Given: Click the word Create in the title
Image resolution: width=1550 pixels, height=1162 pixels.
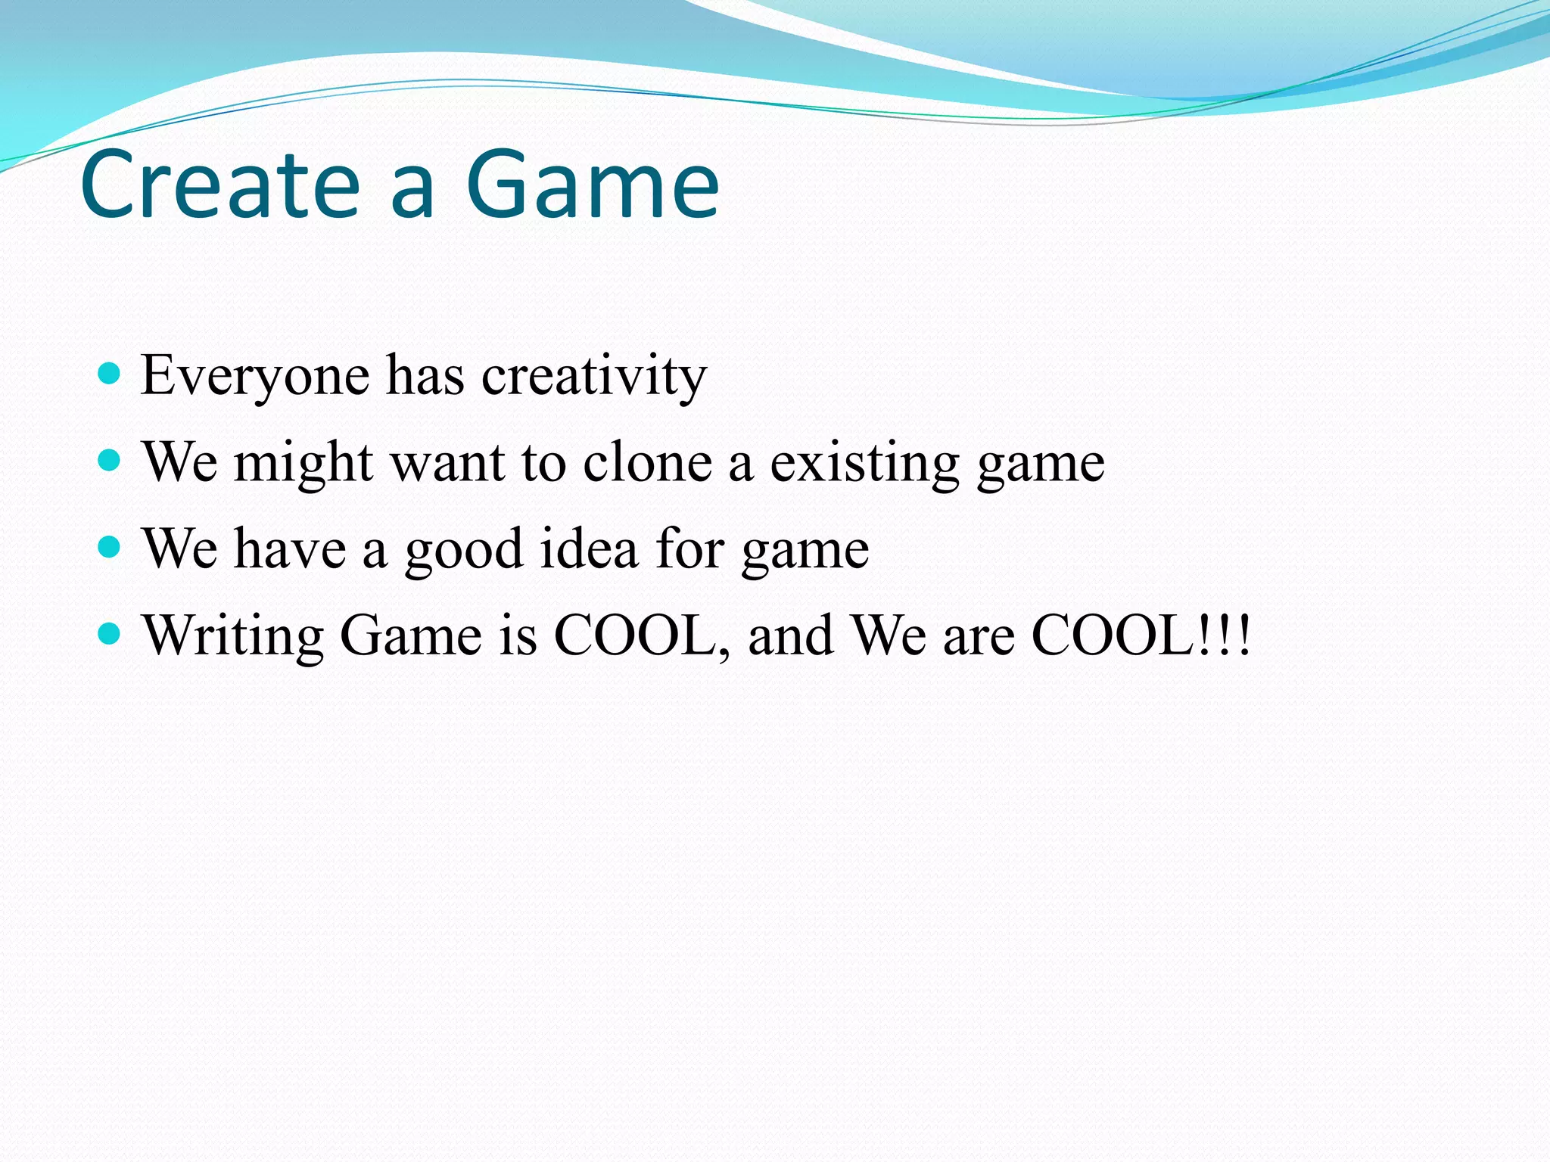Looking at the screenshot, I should tap(219, 185).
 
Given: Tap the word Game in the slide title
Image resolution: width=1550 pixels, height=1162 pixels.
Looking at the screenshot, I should tap(592, 185).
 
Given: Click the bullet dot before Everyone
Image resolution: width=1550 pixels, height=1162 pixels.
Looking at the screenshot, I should tap(110, 373).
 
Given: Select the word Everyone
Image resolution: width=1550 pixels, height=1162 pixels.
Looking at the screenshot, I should tap(255, 376).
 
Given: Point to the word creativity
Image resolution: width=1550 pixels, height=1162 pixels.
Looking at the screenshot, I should tap(594, 376).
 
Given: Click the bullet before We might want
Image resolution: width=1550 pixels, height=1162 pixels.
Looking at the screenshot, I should tap(110, 460).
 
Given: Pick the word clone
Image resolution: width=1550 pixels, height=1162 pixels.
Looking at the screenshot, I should tap(648, 462).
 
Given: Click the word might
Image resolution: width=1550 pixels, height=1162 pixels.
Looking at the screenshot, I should tap(303, 462).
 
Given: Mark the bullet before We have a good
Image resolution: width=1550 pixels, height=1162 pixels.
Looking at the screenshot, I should tap(110, 546).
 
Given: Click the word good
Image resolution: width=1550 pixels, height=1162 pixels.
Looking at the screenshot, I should tap(463, 550).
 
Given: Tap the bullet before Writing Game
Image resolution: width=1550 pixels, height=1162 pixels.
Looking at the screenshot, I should tap(110, 633).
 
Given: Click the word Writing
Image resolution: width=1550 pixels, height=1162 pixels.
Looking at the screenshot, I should tap(233, 636).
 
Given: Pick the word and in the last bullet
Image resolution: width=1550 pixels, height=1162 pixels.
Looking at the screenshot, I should tap(791, 635).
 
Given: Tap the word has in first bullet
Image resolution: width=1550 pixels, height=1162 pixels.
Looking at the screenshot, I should tap(425, 376).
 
